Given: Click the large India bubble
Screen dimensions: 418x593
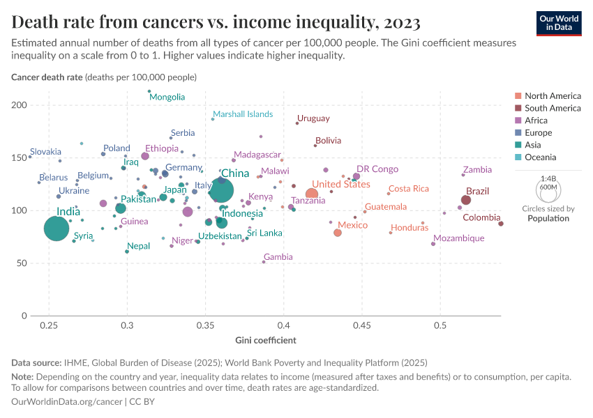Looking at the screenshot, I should (57, 228).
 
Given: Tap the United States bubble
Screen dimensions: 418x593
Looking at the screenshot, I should (312, 194).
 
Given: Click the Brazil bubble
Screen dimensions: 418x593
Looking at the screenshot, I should (466, 200).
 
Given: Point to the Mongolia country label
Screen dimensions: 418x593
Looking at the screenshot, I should (167, 97).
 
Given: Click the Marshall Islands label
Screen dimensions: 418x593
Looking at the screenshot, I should (243, 114).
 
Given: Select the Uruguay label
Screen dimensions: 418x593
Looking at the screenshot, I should (313, 118).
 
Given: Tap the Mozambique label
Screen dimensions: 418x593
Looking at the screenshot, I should (458, 238).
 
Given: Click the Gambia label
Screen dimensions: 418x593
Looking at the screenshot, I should (278, 256).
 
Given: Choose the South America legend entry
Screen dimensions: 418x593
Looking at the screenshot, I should (553, 108).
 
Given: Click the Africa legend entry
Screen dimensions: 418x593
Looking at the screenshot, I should (537, 121).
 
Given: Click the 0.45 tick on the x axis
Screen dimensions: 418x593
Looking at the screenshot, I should (361, 326).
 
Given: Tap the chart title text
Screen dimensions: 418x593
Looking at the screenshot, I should (216, 23).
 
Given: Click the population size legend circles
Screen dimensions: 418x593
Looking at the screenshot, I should (548, 188).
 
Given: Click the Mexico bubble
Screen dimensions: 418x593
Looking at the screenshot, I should (338, 233).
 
